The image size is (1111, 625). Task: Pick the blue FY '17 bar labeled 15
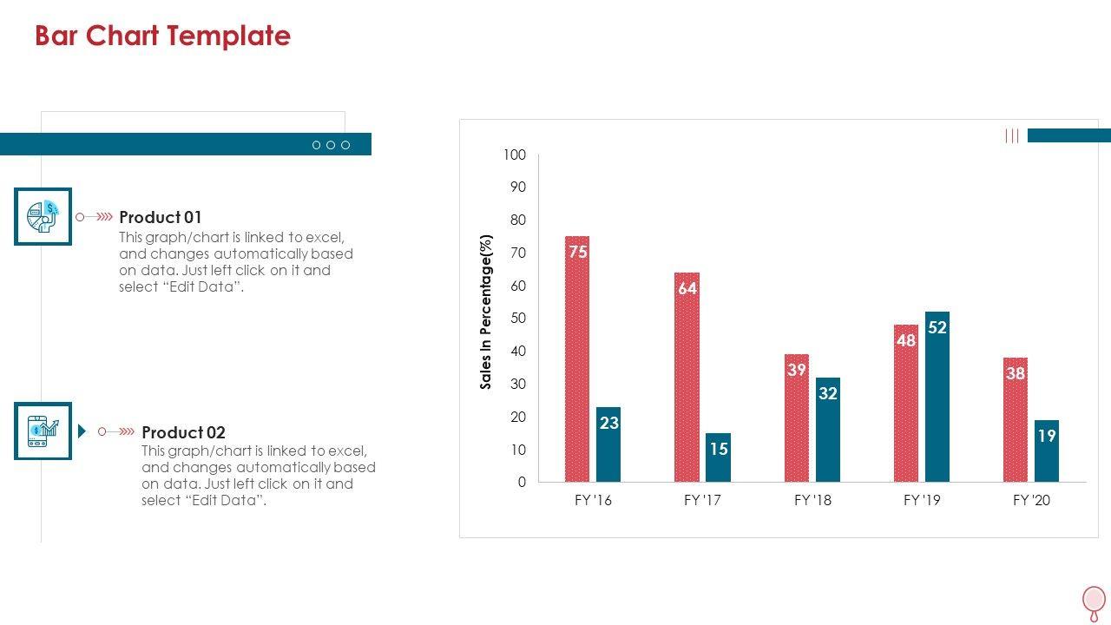tap(718, 457)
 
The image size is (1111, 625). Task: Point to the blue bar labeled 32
tap(828, 430)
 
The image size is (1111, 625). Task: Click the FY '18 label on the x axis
tap(812, 500)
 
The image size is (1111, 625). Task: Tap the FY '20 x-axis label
tap(1031, 500)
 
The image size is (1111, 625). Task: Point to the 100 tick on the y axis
tap(515, 155)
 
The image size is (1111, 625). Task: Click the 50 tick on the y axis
tap(517, 319)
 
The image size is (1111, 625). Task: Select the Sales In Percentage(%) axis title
tap(486, 312)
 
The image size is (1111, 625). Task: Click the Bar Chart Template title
tap(162, 36)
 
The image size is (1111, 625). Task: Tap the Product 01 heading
tap(160, 217)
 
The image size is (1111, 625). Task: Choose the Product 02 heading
tap(183, 432)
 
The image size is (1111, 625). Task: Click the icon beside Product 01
tap(43, 216)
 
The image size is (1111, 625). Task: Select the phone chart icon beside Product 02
tap(43, 431)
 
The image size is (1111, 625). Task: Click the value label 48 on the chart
tap(906, 341)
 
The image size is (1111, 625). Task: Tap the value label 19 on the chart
tap(1047, 436)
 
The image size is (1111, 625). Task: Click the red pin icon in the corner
tap(1094, 601)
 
